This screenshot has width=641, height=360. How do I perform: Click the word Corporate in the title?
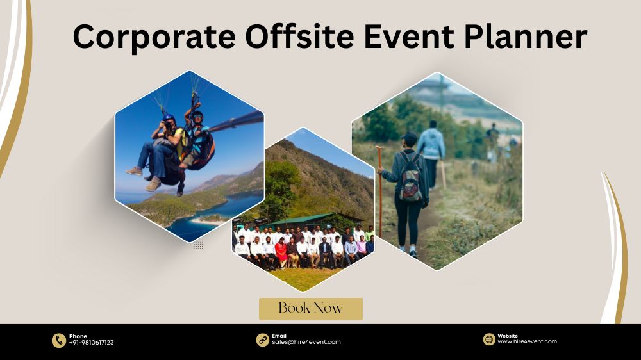click(x=154, y=37)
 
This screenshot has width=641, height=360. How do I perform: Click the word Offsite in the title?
click(x=299, y=36)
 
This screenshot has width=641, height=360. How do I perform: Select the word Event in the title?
click(x=409, y=37)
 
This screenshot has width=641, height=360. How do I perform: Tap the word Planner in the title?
click(x=526, y=36)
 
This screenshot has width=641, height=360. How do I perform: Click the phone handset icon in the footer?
click(x=59, y=340)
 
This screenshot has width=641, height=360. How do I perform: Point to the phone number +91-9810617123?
click(x=91, y=343)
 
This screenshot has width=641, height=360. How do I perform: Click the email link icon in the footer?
click(x=262, y=340)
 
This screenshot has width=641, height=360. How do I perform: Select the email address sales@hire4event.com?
click(x=306, y=343)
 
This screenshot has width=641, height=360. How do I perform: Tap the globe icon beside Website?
click(x=489, y=339)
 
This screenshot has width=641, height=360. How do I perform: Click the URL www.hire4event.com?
click(x=527, y=341)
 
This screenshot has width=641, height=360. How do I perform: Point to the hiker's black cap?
click(x=409, y=136)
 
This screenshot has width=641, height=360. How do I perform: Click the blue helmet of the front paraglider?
click(x=169, y=118)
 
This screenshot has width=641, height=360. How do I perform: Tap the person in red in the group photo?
click(x=281, y=252)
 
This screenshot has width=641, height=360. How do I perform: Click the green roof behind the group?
click(x=303, y=220)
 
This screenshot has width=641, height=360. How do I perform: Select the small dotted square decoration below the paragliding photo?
click(x=199, y=245)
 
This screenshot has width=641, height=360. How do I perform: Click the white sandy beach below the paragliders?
click(x=206, y=221)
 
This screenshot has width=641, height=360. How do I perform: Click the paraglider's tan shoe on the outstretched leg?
click(x=134, y=171)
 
